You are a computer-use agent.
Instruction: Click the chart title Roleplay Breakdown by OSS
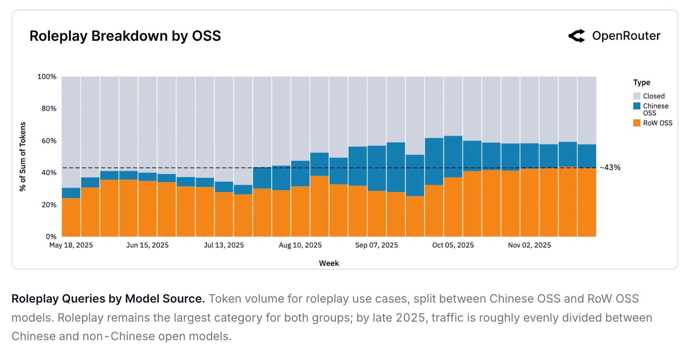click(x=125, y=36)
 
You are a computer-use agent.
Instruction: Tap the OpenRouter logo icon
click(x=577, y=36)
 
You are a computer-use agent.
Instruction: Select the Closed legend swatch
click(x=637, y=96)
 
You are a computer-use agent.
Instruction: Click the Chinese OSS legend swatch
click(x=637, y=106)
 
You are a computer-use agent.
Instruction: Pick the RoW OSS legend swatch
click(x=637, y=123)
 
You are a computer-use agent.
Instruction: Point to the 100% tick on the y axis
click(x=47, y=77)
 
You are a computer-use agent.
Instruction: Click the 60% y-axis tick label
click(x=49, y=141)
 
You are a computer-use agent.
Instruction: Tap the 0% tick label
click(x=51, y=237)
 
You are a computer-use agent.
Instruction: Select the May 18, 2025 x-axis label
click(x=71, y=245)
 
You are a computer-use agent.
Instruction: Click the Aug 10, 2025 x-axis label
click(x=300, y=245)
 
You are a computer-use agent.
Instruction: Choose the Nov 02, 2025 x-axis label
click(x=529, y=245)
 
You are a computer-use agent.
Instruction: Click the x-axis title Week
click(x=329, y=263)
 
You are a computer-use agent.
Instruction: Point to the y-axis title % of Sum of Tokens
click(x=23, y=156)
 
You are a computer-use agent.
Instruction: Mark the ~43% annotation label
click(x=610, y=168)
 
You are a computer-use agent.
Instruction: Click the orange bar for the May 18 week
click(x=71, y=217)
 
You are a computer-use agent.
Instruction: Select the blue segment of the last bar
click(x=587, y=156)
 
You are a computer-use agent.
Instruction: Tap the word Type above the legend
click(x=642, y=83)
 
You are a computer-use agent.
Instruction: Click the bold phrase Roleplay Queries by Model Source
click(x=108, y=299)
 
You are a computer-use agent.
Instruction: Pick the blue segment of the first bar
click(x=71, y=193)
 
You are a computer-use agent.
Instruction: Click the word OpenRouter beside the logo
click(x=626, y=36)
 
